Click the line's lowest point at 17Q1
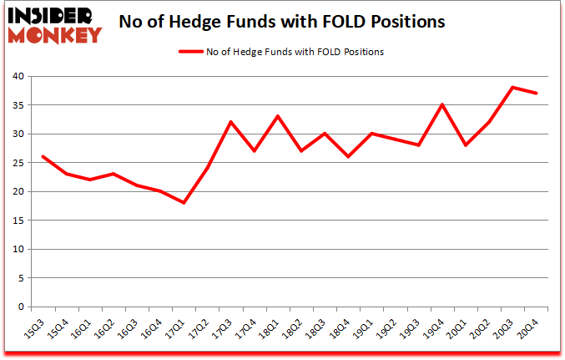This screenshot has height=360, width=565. pos(184,203)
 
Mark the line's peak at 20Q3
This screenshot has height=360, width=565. pos(512,88)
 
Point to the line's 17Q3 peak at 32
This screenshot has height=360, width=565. pos(230,122)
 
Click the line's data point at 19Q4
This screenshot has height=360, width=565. pos(441,105)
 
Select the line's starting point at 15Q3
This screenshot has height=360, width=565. pos(43,157)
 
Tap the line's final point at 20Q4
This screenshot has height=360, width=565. pos(536,94)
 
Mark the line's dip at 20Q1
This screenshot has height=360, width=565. pos(465,145)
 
